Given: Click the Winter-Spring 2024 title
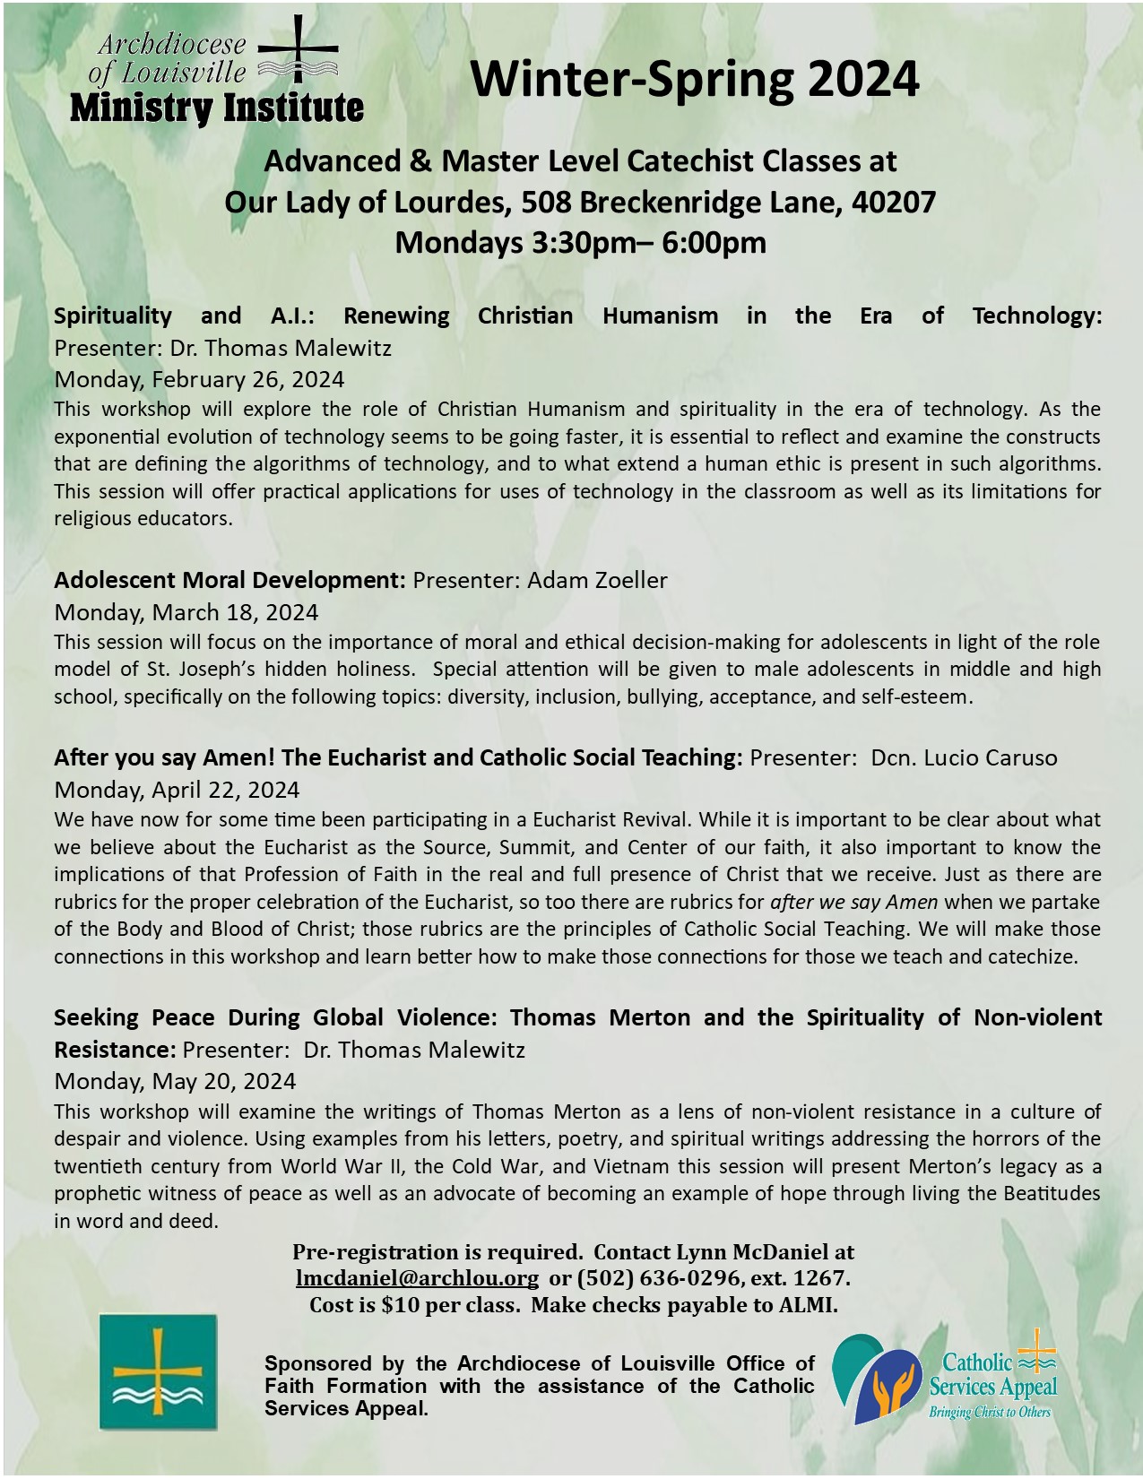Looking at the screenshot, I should (695, 79).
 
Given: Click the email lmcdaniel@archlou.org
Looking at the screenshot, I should (417, 1277).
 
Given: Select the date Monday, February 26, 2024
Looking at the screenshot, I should (199, 379).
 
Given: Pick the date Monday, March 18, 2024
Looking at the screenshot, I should (186, 612).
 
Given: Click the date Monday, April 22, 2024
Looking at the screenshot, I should (177, 790).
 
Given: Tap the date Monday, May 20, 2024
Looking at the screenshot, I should (175, 1081).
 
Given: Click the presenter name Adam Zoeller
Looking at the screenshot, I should (597, 580).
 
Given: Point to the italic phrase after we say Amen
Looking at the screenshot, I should (854, 902).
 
